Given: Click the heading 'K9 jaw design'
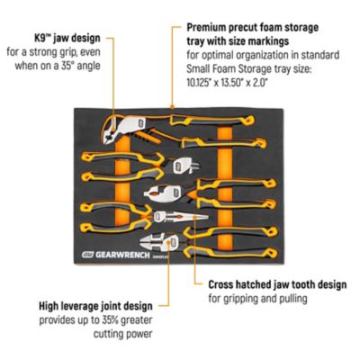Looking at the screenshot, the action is coord(67,39).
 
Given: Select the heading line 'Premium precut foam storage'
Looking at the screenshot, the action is coord(253,27).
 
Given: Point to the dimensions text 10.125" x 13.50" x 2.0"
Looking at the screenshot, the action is coord(227,82).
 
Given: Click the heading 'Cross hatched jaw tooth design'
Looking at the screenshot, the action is coord(277,284).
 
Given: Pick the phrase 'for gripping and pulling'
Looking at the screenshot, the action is coord(257,299).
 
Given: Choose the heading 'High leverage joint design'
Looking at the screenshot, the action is coord(95,306).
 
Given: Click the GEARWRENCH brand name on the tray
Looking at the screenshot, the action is coord(122,255).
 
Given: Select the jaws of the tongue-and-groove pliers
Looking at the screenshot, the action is coord(109,130).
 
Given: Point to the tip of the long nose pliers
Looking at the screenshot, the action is coord(207,217).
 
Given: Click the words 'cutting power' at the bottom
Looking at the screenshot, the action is coord(123,334).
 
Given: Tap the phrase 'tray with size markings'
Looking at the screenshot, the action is coord(238,41).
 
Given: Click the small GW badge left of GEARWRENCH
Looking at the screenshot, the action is coord(87,255).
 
